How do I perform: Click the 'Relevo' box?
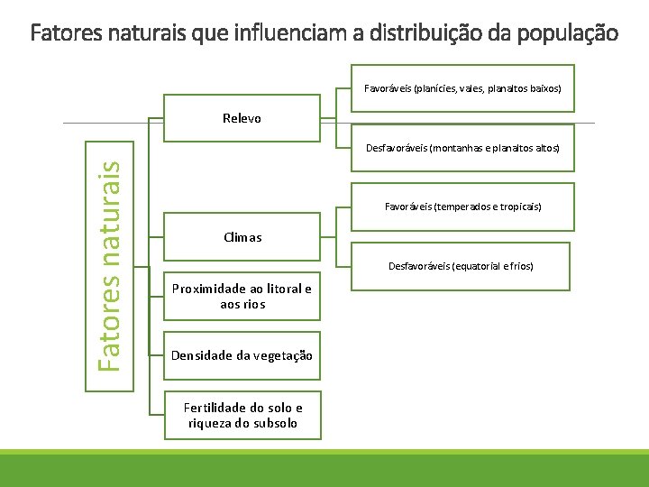[242, 118]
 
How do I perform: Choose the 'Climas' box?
[242, 237]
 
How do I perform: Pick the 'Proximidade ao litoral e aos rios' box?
[242, 296]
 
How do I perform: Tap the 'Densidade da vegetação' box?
[242, 355]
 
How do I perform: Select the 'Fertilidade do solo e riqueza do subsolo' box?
[242, 415]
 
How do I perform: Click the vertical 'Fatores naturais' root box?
[109, 266]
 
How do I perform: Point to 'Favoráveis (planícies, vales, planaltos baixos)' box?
[462, 89]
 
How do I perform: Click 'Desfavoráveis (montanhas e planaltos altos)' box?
[462, 147]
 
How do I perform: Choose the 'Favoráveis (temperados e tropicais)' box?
[462, 207]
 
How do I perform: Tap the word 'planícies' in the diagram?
[436, 89]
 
